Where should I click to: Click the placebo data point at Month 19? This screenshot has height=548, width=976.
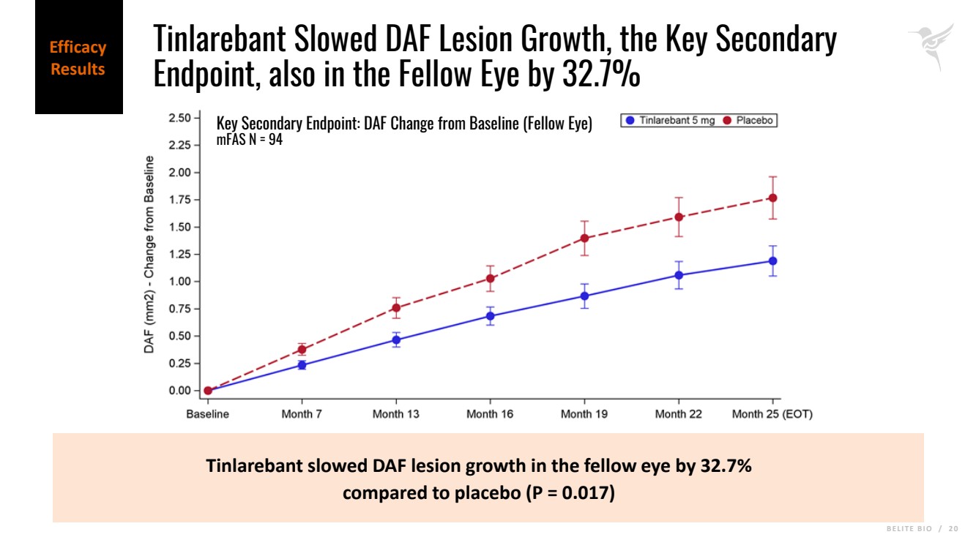tap(584, 238)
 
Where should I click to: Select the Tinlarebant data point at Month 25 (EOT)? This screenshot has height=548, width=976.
tap(772, 260)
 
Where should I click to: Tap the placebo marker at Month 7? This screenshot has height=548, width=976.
tap(302, 350)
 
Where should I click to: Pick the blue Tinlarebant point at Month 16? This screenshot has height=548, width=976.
tap(490, 316)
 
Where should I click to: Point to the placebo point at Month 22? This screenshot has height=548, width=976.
tap(679, 217)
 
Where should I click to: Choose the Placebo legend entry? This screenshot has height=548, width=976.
tap(748, 121)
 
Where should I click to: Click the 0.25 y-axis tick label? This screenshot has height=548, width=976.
tap(180, 364)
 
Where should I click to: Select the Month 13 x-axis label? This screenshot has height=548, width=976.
tap(396, 414)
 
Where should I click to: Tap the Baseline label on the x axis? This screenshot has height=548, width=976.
tap(208, 414)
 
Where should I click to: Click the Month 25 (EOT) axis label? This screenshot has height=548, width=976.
tap(772, 414)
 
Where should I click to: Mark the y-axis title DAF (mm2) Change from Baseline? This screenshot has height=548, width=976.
tap(149, 255)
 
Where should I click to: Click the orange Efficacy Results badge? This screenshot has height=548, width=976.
tap(78, 59)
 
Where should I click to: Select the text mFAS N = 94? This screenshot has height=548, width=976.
tap(250, 140)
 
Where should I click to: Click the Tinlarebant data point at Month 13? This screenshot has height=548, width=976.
tap(396, 339)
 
